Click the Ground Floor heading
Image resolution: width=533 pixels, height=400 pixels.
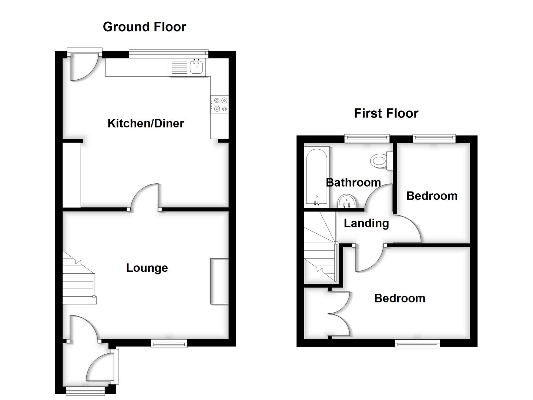tap(144, 27)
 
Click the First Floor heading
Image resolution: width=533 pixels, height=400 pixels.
tap(386, 113)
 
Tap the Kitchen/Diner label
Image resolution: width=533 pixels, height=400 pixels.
tap(145, 123)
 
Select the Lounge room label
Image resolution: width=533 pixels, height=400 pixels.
tap(147, 268)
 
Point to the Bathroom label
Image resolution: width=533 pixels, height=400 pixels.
tap(353, 182)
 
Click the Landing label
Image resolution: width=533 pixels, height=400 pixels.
tap(366, 223)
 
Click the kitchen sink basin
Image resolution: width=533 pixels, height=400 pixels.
tap(197, 67)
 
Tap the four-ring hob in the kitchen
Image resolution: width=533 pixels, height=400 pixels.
tap(219, 104)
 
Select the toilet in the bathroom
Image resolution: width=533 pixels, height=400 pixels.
tap(380, 161)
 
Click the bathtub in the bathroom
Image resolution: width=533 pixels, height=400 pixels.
tap(316, 178)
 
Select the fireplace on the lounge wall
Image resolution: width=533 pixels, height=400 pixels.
tap(219, 281)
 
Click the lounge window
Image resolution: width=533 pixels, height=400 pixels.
tap(169, 344)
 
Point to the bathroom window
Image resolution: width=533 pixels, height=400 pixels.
tap(367, 139)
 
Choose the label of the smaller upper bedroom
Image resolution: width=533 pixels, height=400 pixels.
tap(432, 196)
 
